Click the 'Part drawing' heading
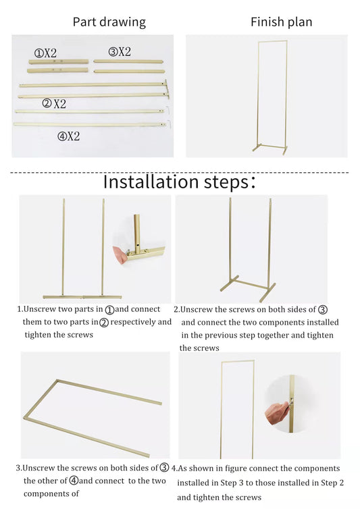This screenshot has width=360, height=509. click(109, 22)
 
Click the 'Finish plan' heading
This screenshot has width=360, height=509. click(282, 22)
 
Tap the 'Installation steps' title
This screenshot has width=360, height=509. click(179, 182)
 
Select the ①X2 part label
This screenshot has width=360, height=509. click(45, 53)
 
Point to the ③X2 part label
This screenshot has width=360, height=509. click(120, 51)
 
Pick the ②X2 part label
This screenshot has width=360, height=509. click(54, 104)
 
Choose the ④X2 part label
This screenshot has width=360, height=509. click(69, 136)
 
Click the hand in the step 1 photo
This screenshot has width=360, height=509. click(121, 256)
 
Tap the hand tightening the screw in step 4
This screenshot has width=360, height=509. click(276, 412)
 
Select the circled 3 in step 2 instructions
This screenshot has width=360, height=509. click(322, 310)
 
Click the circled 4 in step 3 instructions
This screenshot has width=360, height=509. click(74, 481)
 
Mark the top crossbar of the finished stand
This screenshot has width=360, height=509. click(273, 41)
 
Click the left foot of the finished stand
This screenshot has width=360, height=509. click(259, 148)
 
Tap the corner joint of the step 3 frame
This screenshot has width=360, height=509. click(57, 381)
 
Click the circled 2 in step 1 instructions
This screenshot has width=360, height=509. click(104, 323)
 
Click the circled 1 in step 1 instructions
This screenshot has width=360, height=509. click(110, 310)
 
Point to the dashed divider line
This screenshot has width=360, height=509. click(179, 173)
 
